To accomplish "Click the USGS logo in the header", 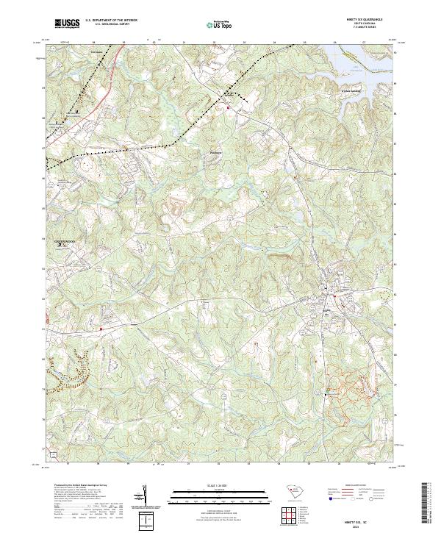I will coord(67,24).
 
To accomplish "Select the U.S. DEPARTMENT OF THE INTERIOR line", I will coord(111,21).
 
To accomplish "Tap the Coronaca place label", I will coord(95,52).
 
